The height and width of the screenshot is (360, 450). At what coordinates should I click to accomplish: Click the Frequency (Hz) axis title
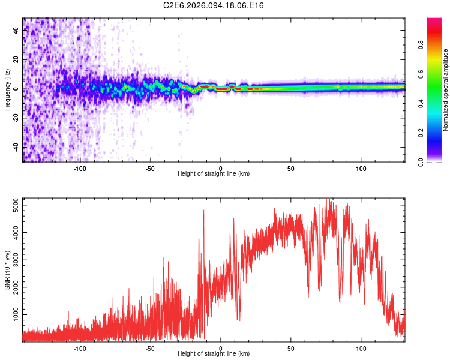(x=7, y=90)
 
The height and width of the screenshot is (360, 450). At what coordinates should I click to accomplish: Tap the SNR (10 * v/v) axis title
(x=7, y=269)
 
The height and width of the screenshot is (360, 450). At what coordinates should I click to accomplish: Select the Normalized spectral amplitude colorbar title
(x=446, y=90)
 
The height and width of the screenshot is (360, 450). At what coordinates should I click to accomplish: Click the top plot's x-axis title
(x=214, y=173)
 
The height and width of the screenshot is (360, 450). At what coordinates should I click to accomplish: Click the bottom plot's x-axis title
(x=214, y=353)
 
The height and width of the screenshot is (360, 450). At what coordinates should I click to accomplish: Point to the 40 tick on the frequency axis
(x=16, y=31)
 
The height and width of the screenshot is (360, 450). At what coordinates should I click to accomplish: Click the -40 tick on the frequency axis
(x=16, y=146)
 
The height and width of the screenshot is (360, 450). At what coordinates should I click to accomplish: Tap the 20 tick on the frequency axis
(x=16, y=60)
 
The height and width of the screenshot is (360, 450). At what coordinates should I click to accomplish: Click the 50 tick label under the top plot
(x=291, y=168)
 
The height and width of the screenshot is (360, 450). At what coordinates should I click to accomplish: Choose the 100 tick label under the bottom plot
(x=361, y=348)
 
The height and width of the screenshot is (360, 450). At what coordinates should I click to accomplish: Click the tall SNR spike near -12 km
(x=203, y=211)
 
